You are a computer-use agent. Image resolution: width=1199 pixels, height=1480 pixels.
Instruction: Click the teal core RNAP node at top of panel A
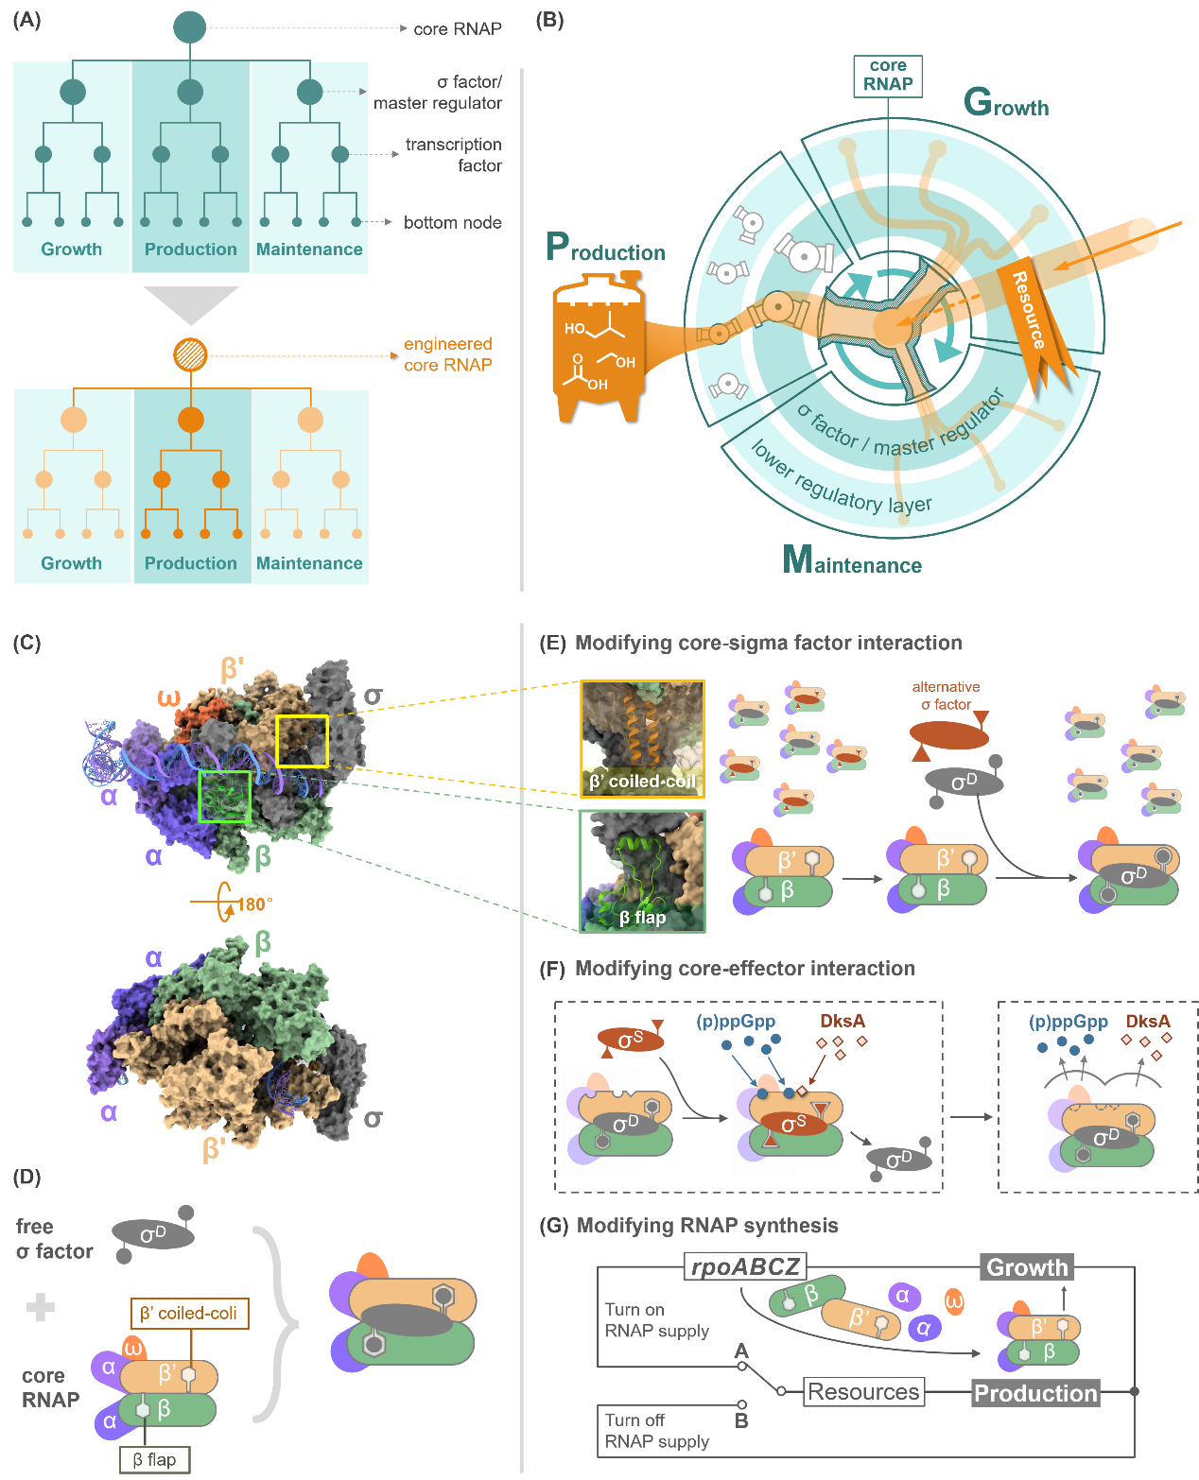click(x=190, y=27)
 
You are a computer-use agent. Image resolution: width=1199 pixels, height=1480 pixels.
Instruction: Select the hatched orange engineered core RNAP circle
click(x=191, y=355)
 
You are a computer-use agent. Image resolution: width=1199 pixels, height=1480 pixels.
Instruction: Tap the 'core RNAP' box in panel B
click(x=888, y=76)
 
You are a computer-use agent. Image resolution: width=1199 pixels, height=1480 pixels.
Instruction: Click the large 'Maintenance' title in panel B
click(x=852, y=560)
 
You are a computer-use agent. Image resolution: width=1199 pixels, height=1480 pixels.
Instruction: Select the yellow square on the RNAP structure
click(x=302, y=741)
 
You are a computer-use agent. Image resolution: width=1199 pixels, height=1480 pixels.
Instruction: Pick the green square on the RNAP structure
click(x=224, y=796)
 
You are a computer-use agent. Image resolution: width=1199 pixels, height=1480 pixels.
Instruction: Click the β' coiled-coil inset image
click(x=643, y=738)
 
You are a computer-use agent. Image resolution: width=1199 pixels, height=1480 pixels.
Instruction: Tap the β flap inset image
click(x=643, y=870)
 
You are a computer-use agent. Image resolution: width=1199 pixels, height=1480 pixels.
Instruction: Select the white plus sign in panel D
click(x=40, y=1308)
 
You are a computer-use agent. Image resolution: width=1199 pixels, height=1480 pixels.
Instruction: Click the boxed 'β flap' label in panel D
click(x=154, y=1459)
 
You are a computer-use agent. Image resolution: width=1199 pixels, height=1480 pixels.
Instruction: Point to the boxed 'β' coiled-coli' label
click(x=189, y=1313)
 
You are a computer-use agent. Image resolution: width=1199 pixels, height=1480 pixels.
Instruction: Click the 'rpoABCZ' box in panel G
click(x=745, y=1266)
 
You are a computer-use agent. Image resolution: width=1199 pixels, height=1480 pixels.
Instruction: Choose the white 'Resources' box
click(x=863, y=1392)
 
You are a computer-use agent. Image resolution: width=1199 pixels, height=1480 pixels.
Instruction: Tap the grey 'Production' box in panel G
click(x=1035, y=1393)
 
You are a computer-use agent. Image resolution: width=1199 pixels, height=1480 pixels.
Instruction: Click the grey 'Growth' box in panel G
click(x=1027, y=1267)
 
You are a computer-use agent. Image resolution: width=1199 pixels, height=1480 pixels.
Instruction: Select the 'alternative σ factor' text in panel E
click(x=946, y=696)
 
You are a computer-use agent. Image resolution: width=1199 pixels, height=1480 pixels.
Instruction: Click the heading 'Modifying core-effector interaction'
click(x=744, y=969)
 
